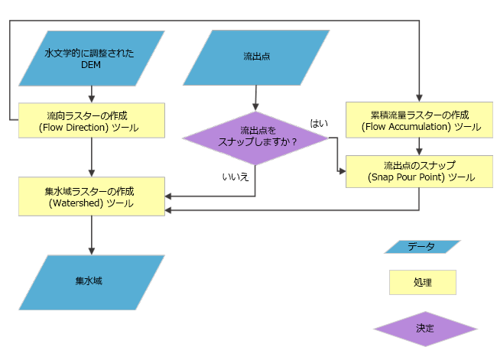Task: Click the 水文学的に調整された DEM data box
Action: [x=92, y=58]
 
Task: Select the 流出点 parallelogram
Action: [x=256, y=58]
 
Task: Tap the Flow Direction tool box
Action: [x=92, y=121]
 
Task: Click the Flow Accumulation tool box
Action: [x=419, y=121]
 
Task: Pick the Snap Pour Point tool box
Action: [x=419, y=171]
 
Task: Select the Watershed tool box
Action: [x=92, y=195]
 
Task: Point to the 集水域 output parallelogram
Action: [x=92, y=281]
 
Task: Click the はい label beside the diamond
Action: [x=319, y=122]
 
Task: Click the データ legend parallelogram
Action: [x=422, y=247]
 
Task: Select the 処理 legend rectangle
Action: [x=422, y=282]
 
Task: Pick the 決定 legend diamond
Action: [x=425, y=328]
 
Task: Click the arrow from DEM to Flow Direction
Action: [x=92, y=94]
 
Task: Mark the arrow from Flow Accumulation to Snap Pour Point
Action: [x=419, y=147]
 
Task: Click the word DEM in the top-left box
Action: [x=91, y=66]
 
